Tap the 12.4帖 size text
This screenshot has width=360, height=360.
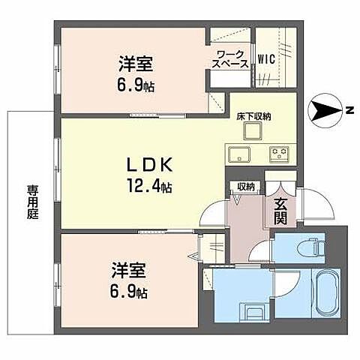coord(149,185)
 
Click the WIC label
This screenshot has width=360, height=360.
coord(266,58)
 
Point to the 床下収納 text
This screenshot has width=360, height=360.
coord(254,115)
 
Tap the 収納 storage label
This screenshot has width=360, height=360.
coord(246,187)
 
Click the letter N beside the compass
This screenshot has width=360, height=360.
coord(349,112)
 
